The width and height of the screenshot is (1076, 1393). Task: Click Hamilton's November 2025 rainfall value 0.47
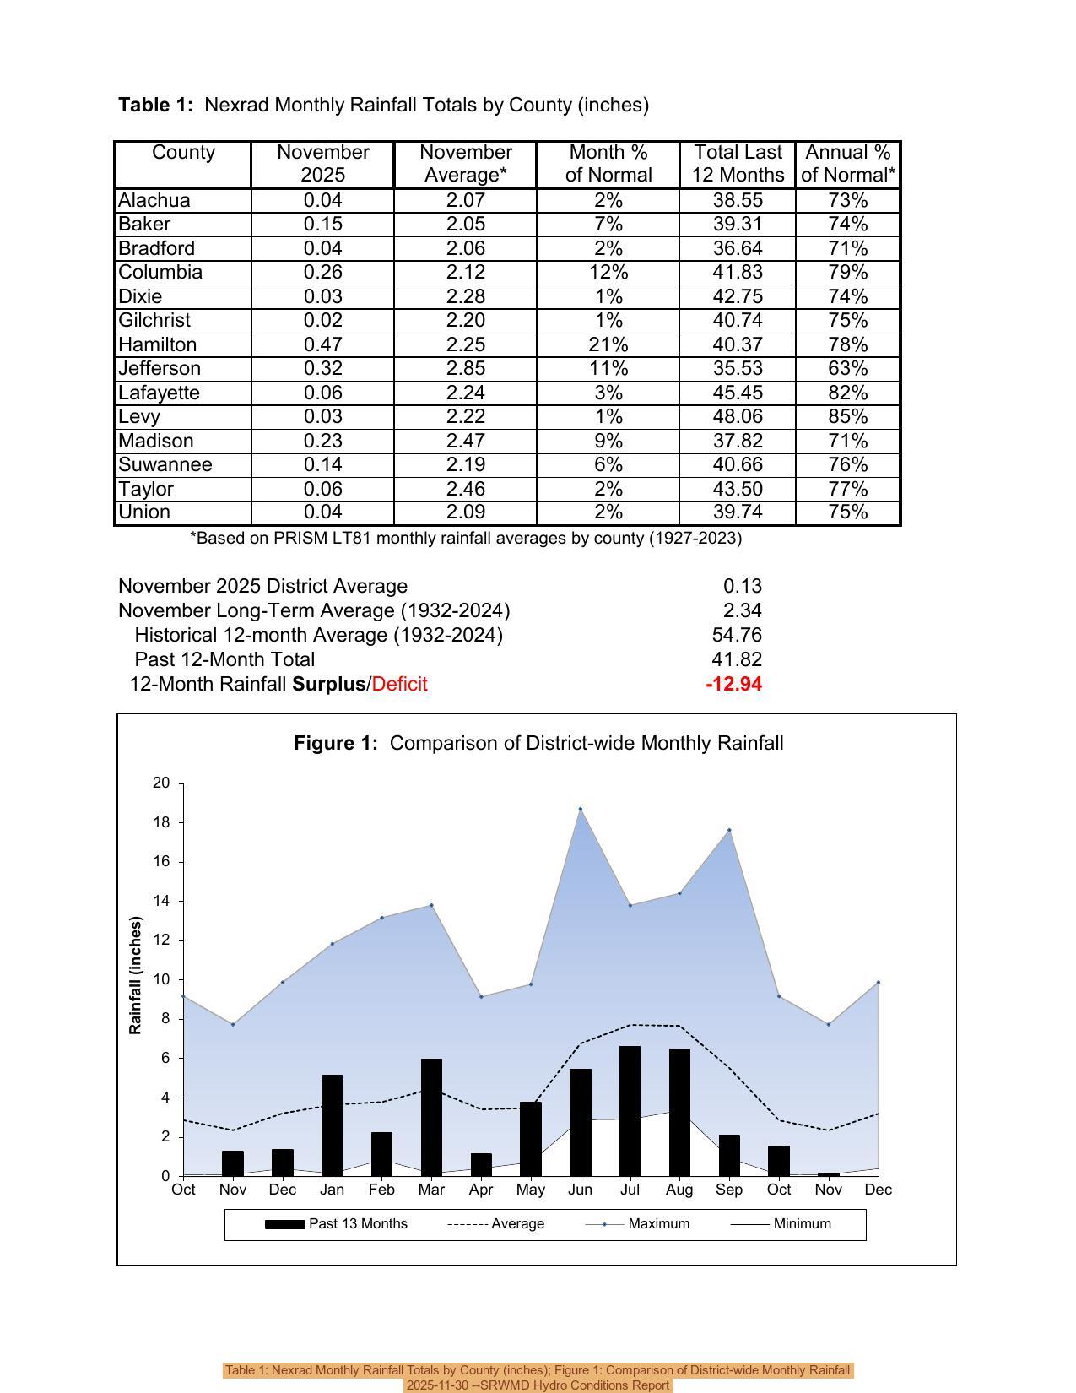point(322,344)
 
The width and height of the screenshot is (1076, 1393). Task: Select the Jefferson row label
point(160,369)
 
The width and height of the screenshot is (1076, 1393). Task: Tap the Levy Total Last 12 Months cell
point(737,417)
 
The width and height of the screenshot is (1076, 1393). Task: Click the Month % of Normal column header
point(608,164)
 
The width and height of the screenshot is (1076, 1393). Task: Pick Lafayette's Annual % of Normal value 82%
point(847,393)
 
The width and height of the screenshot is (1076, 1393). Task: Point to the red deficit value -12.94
point(733,684)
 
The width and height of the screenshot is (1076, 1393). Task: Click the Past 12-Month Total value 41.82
point(737,659)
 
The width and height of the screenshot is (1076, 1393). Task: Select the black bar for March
point(431,1117)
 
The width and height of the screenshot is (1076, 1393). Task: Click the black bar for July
point(630,1111)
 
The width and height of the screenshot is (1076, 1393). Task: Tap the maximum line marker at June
point(581,809)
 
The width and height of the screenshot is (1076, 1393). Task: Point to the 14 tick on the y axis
point(161,901)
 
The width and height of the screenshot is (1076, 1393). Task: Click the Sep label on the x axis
point(729,1190)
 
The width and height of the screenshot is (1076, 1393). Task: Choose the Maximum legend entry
point(658,1224)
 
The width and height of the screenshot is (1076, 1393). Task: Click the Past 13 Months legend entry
point(358,1224)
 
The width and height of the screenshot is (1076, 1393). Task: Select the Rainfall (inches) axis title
point(135,975)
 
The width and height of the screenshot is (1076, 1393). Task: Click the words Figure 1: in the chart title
point(336,743)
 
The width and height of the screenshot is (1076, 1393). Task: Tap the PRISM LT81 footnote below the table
point(466,539)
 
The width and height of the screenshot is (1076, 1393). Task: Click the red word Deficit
point(399,684)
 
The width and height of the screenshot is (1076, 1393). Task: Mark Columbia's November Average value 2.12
point(465,273)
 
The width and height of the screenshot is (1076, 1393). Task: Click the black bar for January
point(332,1125)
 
